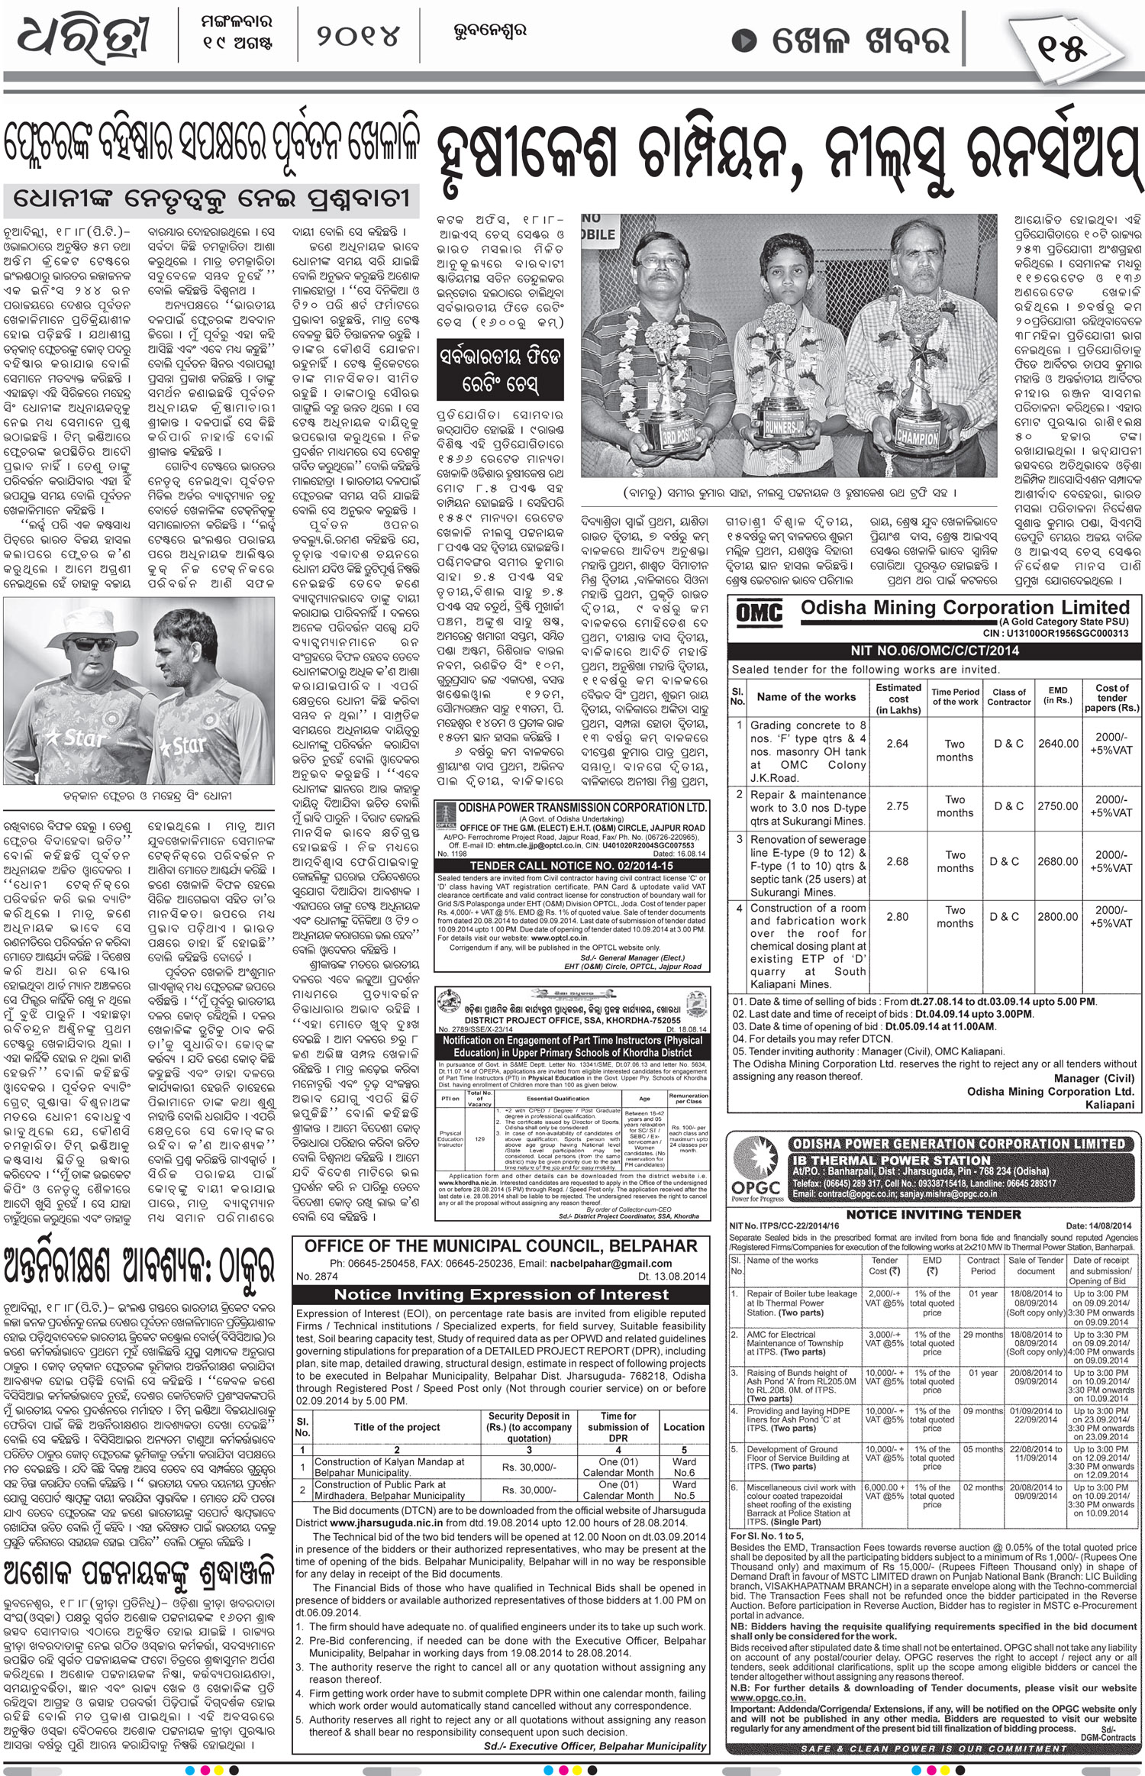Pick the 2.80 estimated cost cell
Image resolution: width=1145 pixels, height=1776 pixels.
[898, 917]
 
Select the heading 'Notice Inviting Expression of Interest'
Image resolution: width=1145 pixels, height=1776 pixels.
[501, 1294]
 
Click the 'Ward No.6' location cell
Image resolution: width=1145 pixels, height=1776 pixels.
[684, 1467]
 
